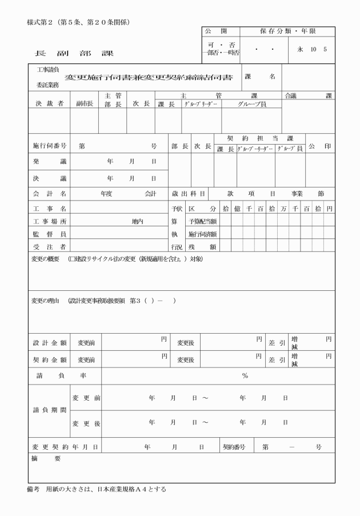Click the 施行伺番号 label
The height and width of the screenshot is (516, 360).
49,146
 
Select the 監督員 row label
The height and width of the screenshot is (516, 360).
49,234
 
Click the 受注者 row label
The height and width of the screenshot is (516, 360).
49,246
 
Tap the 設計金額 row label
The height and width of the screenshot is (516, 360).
49,343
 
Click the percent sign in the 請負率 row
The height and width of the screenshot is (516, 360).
245,375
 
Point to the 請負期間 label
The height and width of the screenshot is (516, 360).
48,410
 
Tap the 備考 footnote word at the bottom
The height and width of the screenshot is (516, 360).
34,490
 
